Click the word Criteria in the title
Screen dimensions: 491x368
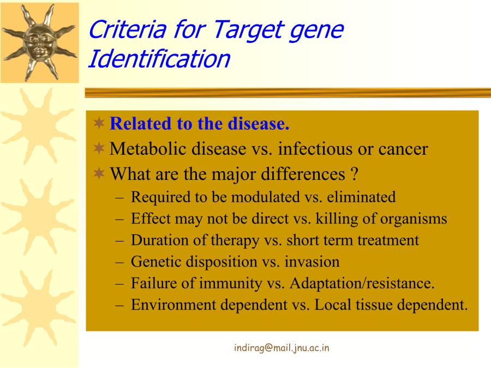pyautogui.click(x=128, y=29)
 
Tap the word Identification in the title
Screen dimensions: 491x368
pyautogui.click(x=159, y=58)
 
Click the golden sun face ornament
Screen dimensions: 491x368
pyautogui.click(x=39, y=43)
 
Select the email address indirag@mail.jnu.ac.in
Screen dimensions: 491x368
pyautogui.click(x=282, y=348)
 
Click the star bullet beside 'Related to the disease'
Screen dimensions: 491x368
pyautogui.click(x=99, y=123)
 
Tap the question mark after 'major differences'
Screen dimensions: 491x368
pyautogui.click(x=355, y=174)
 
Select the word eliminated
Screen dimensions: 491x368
pyautogui.click(x=361, y=197)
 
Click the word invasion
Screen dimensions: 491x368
pyautogui.click(x=312, y=262)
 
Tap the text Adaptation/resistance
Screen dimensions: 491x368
pyautogui.click(x=362, y=283)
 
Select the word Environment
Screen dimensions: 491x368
pyautogui.click(x=173, y=305)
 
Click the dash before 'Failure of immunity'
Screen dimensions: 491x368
pyautogui.click(x=119, y=284)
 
